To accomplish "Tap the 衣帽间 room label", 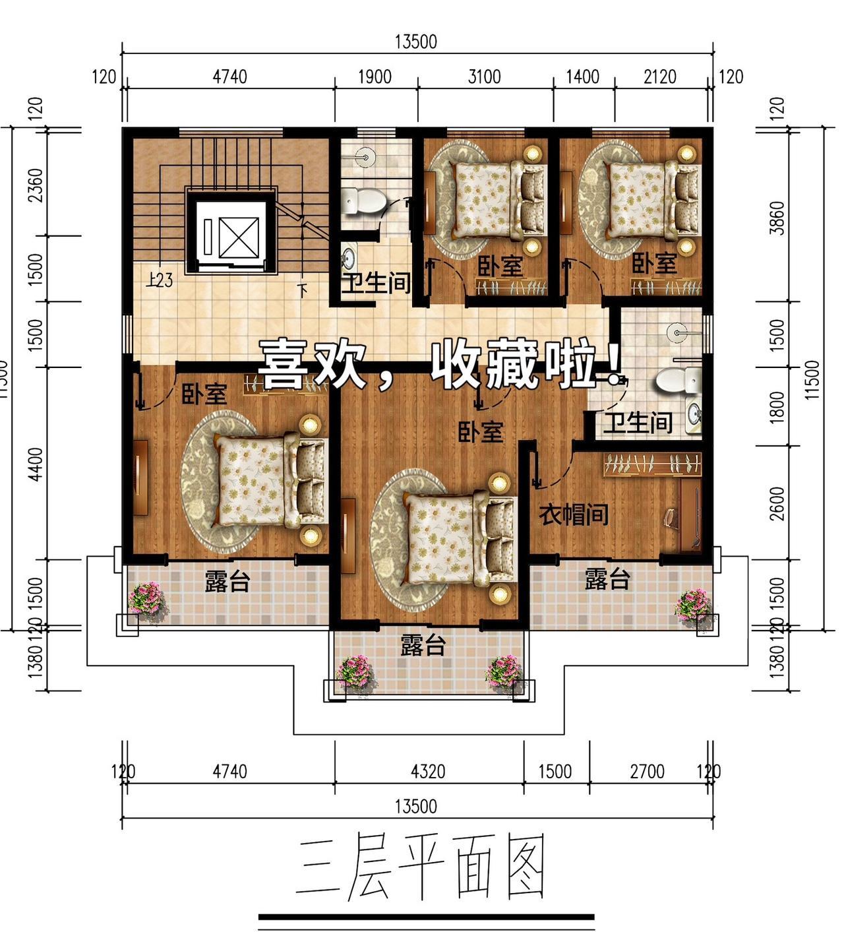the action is pos(574,514).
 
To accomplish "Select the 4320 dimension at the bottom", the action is pos(428,772).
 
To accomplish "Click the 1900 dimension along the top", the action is pos(375,77).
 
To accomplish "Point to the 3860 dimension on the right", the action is pos(777,218).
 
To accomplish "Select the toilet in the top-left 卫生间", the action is pos(364,202).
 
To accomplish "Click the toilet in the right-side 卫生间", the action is pos(678,379).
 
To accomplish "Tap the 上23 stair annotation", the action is pos(160,280).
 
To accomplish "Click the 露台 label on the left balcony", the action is pos(227,580).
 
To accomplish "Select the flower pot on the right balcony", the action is pos(692,606).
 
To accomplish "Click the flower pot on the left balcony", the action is pos(147,600).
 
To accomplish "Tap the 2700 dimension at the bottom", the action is pos(647,772).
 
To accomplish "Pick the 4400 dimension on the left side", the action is pos(36,464).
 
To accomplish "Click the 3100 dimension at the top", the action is pos(485,77).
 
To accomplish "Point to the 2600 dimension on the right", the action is pos(777,504).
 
